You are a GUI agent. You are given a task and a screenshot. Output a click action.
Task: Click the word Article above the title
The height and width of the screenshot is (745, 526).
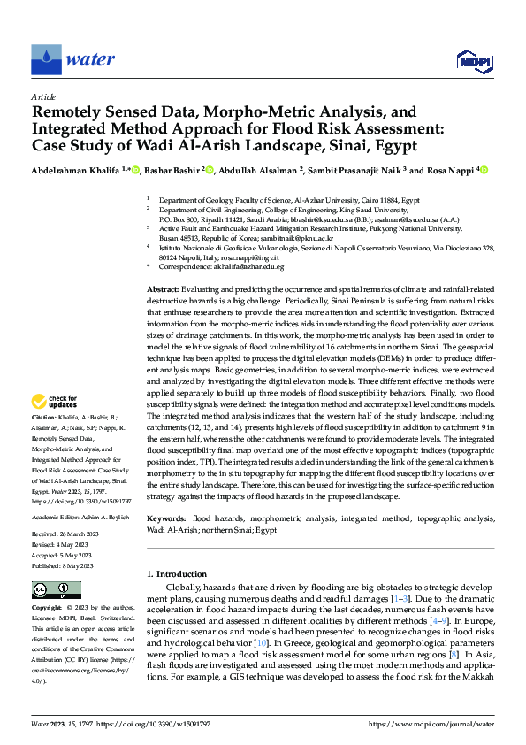[43, 96]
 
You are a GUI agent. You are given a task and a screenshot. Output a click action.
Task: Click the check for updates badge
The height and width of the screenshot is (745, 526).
[56, 402]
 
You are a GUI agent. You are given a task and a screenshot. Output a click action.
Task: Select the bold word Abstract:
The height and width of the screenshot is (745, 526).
[162, 290]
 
